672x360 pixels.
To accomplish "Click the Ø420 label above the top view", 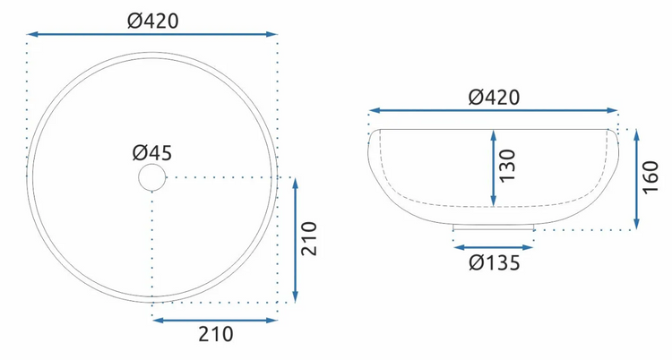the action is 152,21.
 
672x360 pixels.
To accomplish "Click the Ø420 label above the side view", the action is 494,98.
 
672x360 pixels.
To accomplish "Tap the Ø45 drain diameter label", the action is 152,152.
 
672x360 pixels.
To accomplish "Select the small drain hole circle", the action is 152,177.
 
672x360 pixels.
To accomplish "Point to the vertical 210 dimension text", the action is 308,239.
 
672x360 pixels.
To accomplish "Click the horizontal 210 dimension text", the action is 216,334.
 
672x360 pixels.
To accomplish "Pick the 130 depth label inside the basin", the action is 507,166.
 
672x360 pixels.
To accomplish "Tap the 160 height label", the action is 650,177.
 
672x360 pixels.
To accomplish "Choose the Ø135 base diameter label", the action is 494,262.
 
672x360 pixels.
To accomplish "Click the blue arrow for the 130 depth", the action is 494,168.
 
